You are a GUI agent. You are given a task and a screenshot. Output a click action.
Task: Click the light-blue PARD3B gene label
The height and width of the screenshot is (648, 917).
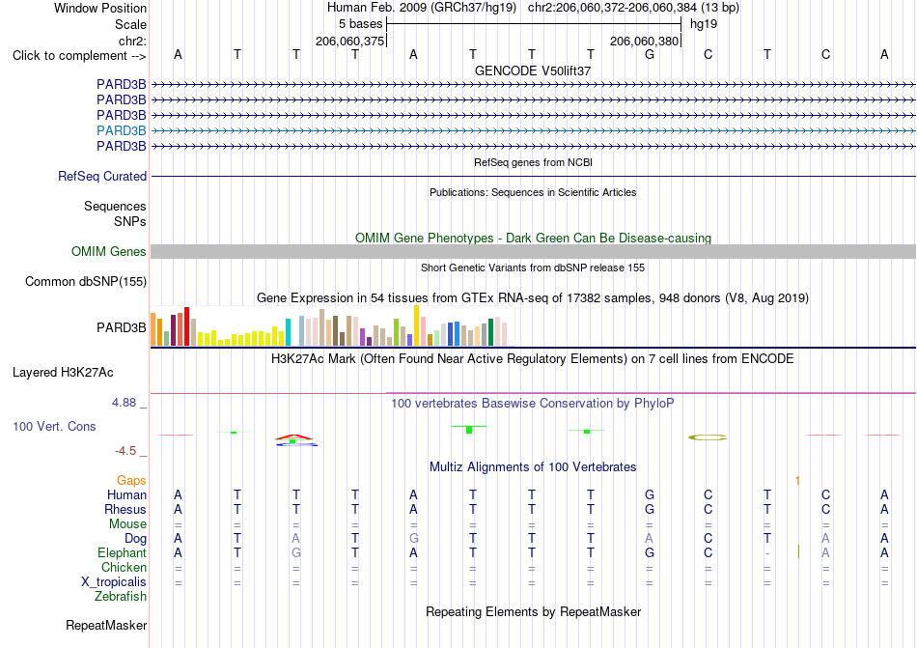point(121,130)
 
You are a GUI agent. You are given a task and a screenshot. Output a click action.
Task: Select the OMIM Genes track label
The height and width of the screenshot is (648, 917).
point(109,251)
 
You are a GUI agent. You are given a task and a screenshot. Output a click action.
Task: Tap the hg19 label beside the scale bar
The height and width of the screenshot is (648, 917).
point(704,24)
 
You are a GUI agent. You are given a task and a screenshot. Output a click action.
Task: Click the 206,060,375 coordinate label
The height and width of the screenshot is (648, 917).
point(349,41)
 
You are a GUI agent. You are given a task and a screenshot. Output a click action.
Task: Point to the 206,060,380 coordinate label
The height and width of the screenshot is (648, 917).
point(644,41)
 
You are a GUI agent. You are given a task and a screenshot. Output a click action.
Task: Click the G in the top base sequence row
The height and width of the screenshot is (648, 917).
point(650,54)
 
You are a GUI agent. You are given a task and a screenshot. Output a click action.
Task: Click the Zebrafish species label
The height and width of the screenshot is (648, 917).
point(121,597)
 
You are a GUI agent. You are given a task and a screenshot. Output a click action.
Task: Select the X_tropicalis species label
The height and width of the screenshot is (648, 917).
point(114,582)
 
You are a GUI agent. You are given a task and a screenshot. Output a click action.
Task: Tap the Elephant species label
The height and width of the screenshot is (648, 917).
point(122,552)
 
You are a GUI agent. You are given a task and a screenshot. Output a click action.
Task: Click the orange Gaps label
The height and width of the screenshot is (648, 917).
point(131,480)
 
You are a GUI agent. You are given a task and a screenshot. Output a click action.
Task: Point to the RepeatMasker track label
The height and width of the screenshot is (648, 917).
point(106,625)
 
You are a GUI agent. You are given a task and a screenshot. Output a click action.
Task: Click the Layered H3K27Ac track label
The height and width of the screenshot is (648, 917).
point(63,373)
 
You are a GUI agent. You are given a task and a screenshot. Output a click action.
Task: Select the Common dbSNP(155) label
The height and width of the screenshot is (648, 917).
point(86,281)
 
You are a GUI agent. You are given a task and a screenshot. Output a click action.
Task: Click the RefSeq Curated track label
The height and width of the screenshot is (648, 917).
point(102,176)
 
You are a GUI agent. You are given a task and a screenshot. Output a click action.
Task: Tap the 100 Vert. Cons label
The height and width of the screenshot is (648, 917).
point(54,426)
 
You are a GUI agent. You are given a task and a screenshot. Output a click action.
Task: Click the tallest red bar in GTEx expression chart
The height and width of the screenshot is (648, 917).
point(186,326)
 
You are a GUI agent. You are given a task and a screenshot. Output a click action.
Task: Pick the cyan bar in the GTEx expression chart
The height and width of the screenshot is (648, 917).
point(288,332)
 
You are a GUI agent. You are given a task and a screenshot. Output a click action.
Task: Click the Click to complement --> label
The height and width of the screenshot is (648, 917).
point(79,56)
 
